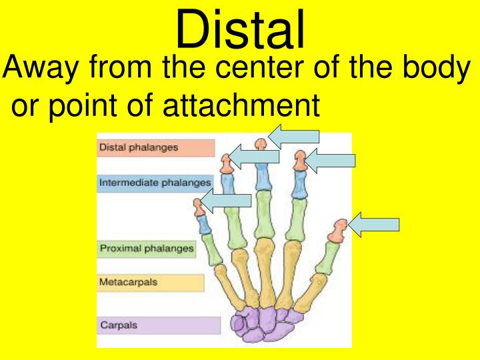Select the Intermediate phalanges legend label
click(x=155, y=182)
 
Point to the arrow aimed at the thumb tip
click(x=375, y=225)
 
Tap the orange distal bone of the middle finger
click(x=261, y=143)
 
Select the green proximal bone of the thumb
click(x=326, y=257)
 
